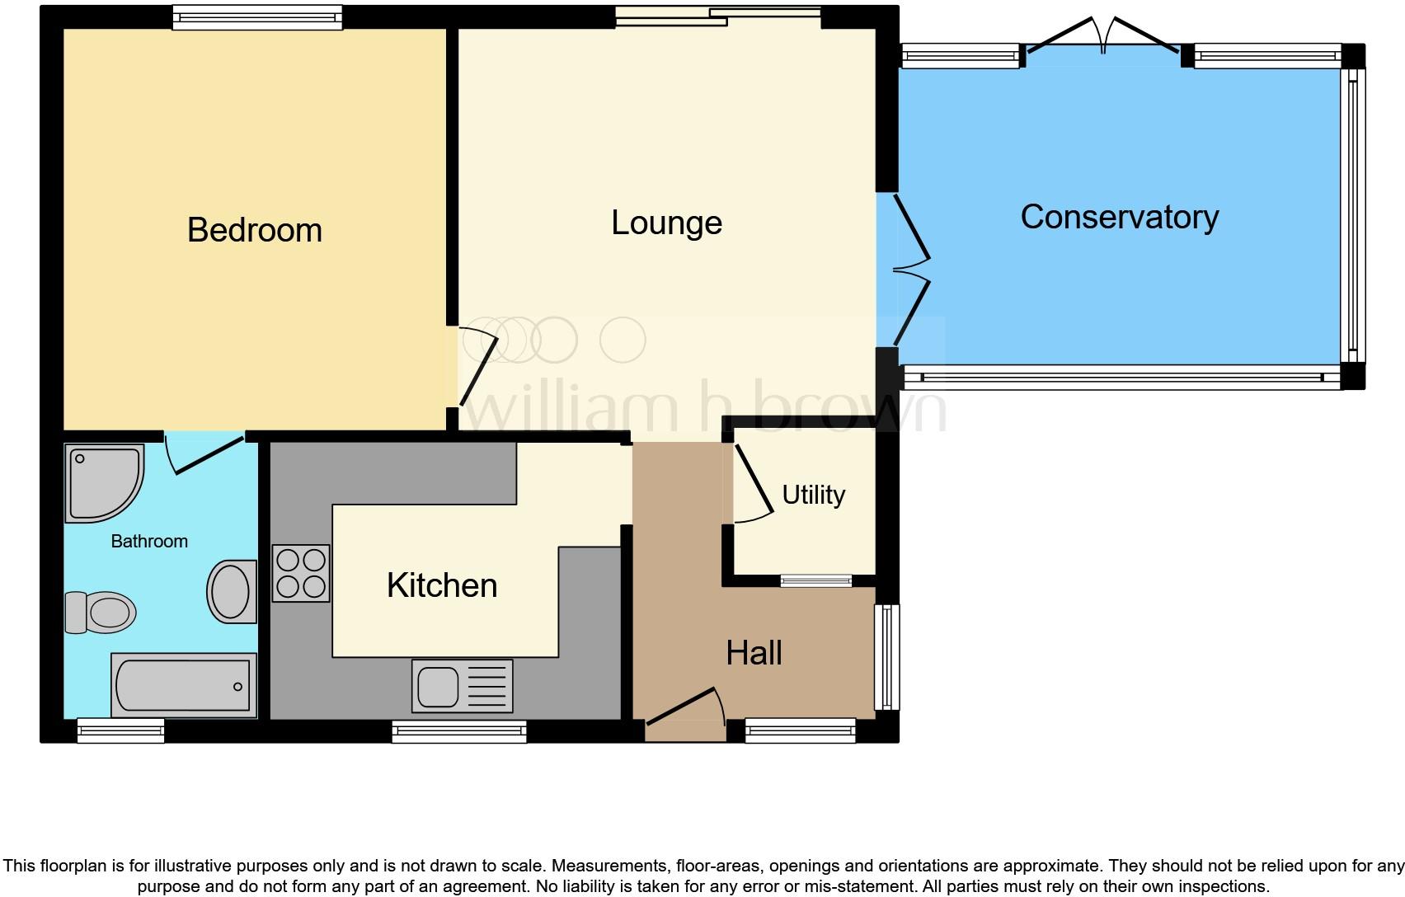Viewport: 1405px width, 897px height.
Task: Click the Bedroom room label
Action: click(254, 230)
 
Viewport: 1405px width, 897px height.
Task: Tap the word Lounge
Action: click(666, 223)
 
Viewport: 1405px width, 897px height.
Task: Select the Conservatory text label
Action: click(1119, 217)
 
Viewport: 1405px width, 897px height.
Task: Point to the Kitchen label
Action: click(442, 585)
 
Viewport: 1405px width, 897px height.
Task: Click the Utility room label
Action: click(813, 495)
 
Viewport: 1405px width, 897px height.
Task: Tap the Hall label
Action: click(754, 653)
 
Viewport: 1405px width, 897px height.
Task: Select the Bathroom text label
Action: click(149, 542)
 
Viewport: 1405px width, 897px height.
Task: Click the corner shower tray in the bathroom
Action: click(102, 483)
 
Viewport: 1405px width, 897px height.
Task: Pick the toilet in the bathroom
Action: click(100, 613)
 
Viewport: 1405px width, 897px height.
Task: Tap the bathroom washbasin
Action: click(231, 591)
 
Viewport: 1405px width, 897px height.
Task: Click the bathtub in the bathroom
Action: click(183, 686)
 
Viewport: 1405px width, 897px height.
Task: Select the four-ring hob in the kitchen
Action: click(301, 573)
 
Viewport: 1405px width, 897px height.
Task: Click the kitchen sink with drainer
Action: click(462, 686)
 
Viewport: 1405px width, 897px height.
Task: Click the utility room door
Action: click(752, 486)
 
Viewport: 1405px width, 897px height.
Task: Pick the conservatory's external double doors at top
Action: click(1103, 37)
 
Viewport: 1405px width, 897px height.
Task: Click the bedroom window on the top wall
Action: click(257, 17)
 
